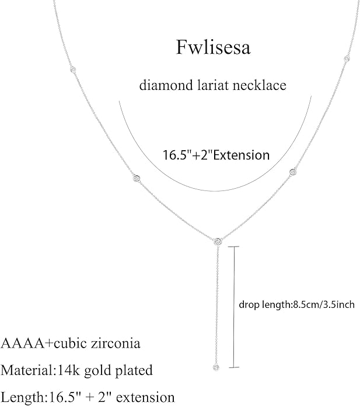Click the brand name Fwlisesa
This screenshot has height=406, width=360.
(214, 47)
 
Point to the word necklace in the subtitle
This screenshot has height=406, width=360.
(260, 85)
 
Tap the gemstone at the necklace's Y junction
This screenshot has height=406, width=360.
(218, 241)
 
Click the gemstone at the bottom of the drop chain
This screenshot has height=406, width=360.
(216, 367)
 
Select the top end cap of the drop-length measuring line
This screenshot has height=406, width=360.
(233, 247)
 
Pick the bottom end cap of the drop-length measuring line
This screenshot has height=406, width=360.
(234, 367)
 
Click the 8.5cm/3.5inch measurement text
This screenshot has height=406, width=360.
(324, 305)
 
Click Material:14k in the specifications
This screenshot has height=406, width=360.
(41, 370)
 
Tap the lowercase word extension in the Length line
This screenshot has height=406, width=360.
(147, 397)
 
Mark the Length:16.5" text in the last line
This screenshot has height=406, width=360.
(39, 397)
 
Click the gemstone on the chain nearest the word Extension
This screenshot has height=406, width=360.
(293, 171)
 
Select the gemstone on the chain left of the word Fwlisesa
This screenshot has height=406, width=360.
(73, 70)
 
